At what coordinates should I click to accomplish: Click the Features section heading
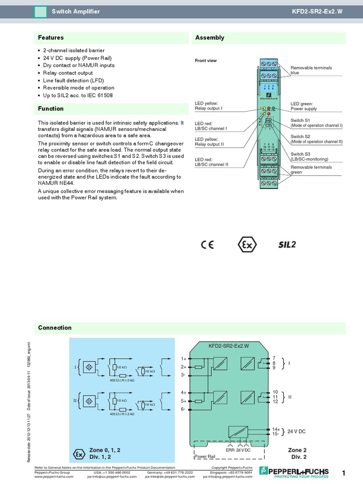tap(51, 38)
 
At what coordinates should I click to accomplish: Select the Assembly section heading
tap(209, 38)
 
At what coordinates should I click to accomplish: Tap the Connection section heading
tap(55, 328)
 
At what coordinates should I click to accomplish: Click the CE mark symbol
tap(207, 244)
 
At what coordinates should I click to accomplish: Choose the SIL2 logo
tap(286, 244)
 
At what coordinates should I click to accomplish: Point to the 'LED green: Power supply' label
tap(303, 106)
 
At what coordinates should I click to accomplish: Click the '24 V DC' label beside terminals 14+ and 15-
tap(296, 432)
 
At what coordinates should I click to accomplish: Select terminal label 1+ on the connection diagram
tap(184, 358)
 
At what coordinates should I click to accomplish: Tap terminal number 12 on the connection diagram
tap(275, 401)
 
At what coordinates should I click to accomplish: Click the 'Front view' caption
tap(206, 60)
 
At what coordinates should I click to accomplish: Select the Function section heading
tap(51, 109)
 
